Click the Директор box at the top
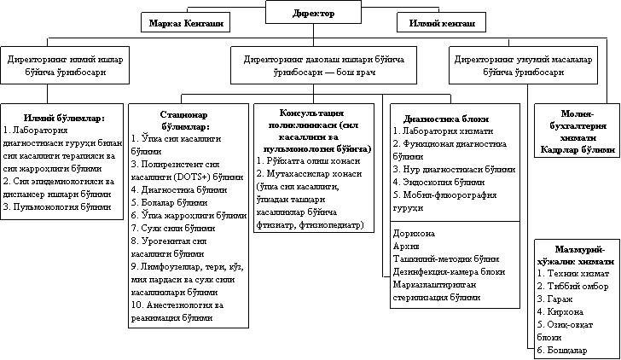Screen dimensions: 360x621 [313, 14]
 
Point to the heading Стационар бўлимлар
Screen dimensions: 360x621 [180, 119]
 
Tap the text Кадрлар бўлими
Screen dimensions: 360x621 [577, 149]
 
